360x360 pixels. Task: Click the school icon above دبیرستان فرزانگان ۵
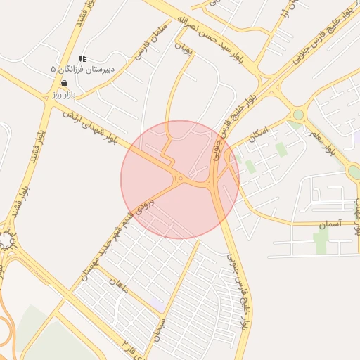(82, 59)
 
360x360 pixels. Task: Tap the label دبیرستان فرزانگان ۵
(87, 69)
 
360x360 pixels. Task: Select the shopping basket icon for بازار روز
(65, 83)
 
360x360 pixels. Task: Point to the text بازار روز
(63, 94)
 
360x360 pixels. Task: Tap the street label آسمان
(329, 224)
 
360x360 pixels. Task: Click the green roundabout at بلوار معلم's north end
(298, 114)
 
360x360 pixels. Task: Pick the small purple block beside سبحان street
(157, 304)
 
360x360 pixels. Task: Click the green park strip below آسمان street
(321, 241)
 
